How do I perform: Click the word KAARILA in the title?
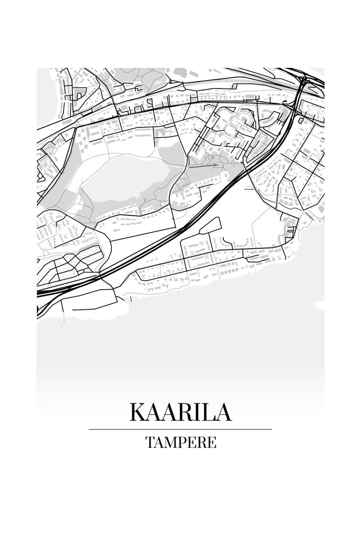(180, 412)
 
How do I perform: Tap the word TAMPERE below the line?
(180, 442)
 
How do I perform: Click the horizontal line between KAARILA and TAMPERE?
(180, 429)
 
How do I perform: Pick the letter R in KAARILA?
(183, 412)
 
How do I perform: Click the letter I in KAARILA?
(195, 412)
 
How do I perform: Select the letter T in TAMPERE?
(150, 442)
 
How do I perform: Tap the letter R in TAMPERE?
(201, 442)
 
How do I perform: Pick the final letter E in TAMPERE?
(211, 442)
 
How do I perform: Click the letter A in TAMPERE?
(158, 442)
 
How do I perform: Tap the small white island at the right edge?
(320, 305)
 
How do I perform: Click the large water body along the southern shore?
(197, 334)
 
